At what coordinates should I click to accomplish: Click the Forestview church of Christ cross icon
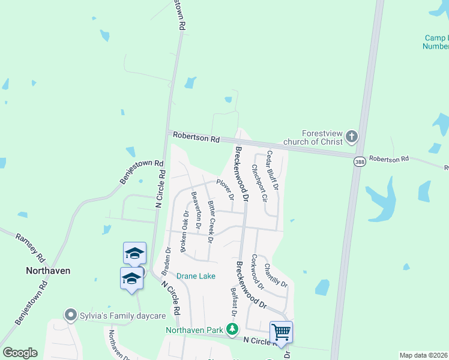click(352, 137)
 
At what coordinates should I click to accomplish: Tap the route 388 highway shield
click(359, 163)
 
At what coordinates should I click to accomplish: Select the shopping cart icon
click(281, 331)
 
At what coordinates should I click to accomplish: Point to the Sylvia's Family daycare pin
click(71, 315)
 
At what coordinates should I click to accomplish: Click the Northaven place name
click(48, 271)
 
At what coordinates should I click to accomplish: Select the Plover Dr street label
click(225, 188)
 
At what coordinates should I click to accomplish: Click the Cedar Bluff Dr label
click(273, 170)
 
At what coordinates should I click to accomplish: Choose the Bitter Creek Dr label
click(211, 221)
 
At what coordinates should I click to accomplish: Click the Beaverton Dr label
click(195, 210)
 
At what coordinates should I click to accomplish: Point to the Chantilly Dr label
click(276, 275)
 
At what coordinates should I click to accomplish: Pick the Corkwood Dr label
click(258, 272)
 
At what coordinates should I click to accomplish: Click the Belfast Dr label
click(234, 302)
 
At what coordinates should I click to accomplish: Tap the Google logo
click(20, 353)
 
